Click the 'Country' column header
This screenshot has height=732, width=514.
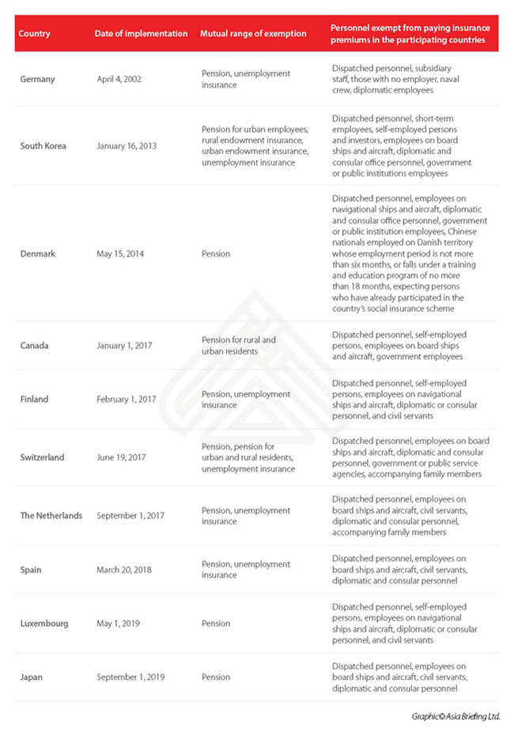pyautogui.click(x=35, y=34)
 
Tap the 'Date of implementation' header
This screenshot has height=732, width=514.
pyautogui.click(x=141, y=34)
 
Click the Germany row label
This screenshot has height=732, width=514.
pyautogui.click(x=38, y=79)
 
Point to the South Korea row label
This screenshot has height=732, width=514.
pyautogui.click(x=43, y=146)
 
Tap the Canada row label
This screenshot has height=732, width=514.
pyautogui.click(x=36, y=345)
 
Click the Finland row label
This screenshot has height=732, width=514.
pyautogui.click(x=35, y=399)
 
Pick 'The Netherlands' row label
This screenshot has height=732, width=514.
pyautogui.click(x=51, y=516)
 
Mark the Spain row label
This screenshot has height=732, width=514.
pyautogui.click(x=32, y=569)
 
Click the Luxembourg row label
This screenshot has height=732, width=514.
pyautogui.click(x=44, y=623)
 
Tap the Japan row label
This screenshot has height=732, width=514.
pyautogui.click(x=32, y=677)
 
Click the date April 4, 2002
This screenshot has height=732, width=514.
pyautogui.click(x=118, y=79)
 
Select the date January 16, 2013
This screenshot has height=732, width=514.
pyautogui.click(x=127, y=146)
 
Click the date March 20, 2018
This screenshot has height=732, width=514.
pyautogui.click(x=124, y=569)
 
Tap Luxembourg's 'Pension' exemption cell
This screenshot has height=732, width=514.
pyautogui.click(x=216, y=623)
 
